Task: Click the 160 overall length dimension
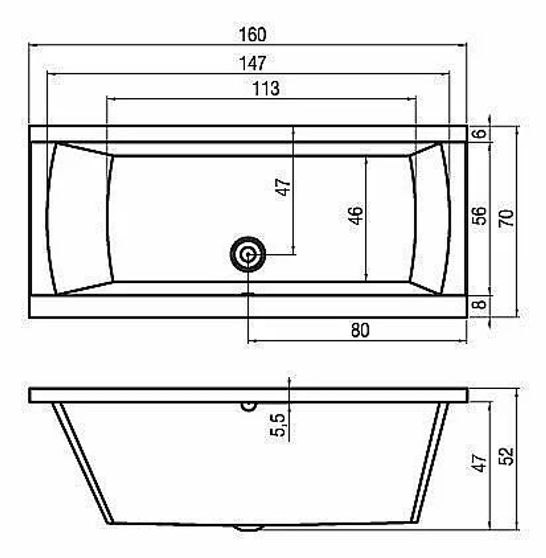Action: pyautogui.click(x=252, y=34)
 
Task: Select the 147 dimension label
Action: pyautogui.click(x=252, y=63)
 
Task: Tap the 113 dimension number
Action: pyautogui.click(x=266, y=88)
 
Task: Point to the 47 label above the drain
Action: pyautogui.click(x=283, y=187)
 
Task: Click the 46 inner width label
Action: pyautogui.click(x=356, y=215)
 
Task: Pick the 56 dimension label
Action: pyautogui.click(x=479, y=216)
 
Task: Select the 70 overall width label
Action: pyautogui.click(x=506, y=218)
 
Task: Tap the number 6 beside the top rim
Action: pyautogui.click(x=479, y=133)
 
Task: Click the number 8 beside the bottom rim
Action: pyautogui.click(x=479, y=304)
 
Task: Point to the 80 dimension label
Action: pyautogui.click(x=360, y=330)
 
